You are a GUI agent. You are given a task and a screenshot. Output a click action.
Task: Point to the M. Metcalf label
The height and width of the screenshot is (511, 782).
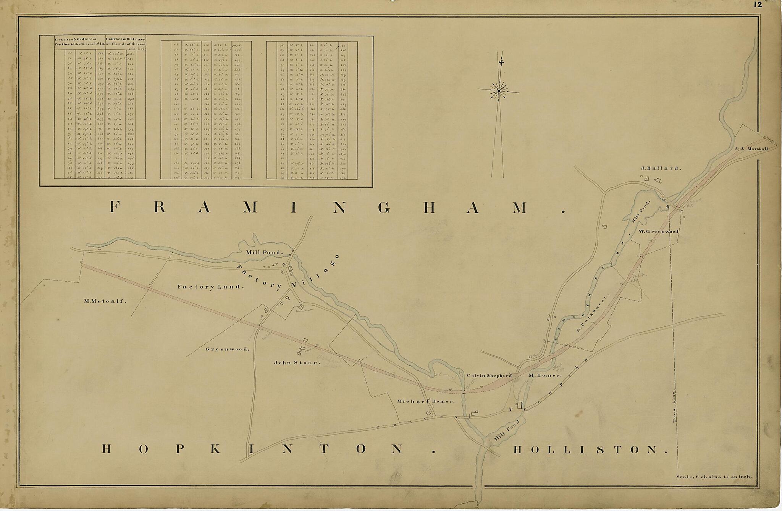pyautogui.click(x=105, y=301)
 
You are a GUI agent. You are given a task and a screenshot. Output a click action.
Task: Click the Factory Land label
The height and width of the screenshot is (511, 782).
pyautogui.click(x=210, y=287)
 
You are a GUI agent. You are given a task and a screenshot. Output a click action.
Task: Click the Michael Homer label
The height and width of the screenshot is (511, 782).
pyautogui.click(x=426, y=401)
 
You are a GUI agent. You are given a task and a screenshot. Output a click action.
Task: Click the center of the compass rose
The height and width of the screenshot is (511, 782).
pyautogui.click(x=498, y=91)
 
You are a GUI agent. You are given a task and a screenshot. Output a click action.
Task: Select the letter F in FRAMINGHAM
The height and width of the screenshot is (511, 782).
pyautogui.click(x=113, y=207)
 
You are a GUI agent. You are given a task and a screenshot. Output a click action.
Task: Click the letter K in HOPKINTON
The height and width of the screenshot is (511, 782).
pyautogui.click(x=215, y=449)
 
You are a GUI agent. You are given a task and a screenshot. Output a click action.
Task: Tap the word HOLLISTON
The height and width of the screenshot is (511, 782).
pyautogui.click(x=590, y=449)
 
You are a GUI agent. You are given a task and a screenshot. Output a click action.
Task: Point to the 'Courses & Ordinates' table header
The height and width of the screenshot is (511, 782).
pyautogui.click(x=75, y=41)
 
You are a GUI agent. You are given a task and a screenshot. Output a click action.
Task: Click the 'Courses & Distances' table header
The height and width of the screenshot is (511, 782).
pyautogui.click(x=125, y=41)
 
